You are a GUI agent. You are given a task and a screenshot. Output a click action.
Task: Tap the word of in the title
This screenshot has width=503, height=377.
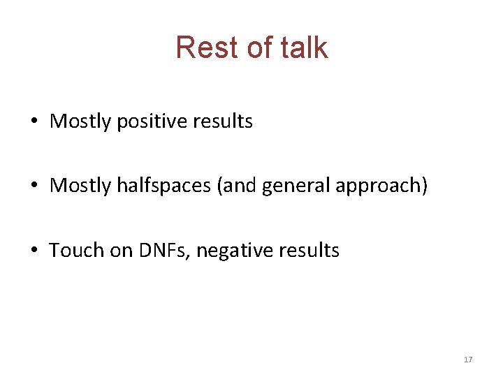[249, 47]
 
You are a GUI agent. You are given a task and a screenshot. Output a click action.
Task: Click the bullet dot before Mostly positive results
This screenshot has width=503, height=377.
[34, 121]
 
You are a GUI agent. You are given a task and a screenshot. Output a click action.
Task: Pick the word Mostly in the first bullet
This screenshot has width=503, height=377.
[80, 121]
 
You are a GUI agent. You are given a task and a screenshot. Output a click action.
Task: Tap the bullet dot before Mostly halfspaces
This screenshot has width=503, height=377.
[34, 186]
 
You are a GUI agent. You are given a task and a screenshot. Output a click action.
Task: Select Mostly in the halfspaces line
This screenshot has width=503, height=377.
[80, 186]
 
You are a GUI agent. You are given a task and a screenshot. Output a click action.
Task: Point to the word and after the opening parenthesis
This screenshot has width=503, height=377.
[240, 186]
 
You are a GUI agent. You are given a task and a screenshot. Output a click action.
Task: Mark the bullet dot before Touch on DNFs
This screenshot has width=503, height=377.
[34, 251]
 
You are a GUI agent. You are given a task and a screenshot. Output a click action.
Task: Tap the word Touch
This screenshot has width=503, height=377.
[75, 251]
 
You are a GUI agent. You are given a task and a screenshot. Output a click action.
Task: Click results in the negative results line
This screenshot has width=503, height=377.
[308, 251]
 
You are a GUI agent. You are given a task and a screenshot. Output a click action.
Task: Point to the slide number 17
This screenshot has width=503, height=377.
[468, 360]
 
